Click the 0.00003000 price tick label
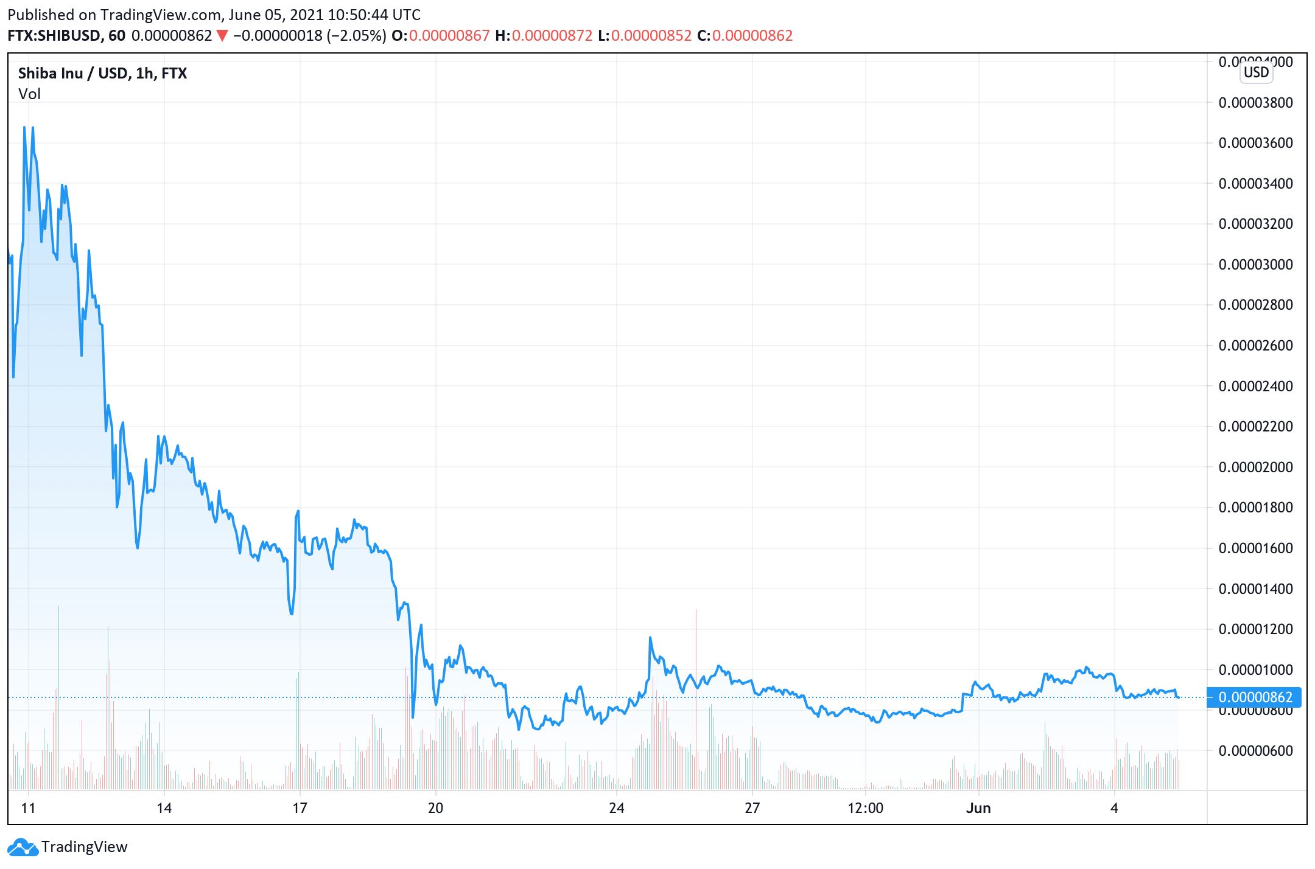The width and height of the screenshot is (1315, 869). tap(1255, 265)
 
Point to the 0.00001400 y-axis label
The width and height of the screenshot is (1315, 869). tap(1255, 589)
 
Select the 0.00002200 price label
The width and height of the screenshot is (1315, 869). tap(1255, 427)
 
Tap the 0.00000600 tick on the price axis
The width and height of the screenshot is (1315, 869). tap(1255, 751)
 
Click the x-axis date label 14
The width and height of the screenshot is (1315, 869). tap(164, 808)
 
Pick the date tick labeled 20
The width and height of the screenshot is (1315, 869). tap(435, 808)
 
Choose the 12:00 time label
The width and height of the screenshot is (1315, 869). tap(865, 808)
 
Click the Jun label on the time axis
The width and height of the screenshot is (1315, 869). tap(978, 808)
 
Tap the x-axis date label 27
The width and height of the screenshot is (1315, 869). tap(752, 808)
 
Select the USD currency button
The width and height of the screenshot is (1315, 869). tap(1256, 72)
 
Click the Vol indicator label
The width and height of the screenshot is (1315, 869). tap(29, 94)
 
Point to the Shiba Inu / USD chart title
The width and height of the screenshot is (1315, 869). tap(102, 74)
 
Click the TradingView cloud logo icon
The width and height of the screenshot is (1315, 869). tap(23, 846)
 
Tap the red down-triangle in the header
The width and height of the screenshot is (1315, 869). tap(222, 36)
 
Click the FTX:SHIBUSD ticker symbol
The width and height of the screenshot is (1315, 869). tap(54, 36)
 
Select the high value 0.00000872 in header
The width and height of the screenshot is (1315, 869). tap(552, 36)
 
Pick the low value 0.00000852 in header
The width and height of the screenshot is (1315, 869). tap(651, 36)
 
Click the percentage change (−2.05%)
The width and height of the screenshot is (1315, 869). tap(357, 36)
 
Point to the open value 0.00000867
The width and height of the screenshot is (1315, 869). tap(449, 36)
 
